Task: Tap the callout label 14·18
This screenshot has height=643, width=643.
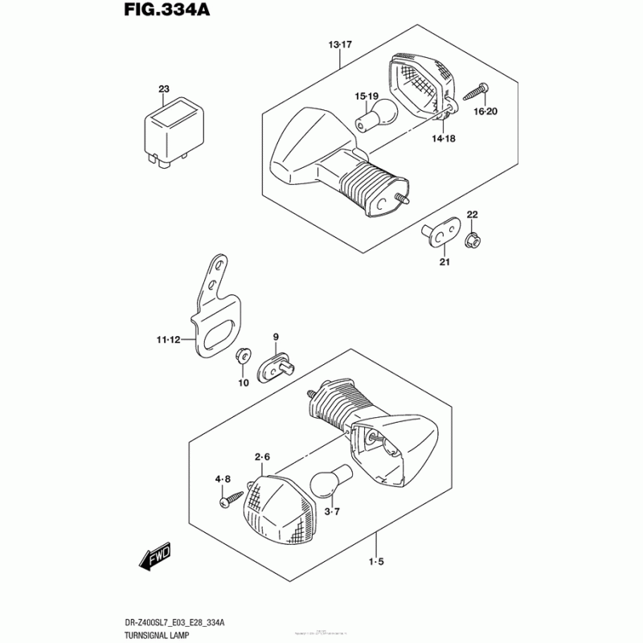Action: click(443, 138)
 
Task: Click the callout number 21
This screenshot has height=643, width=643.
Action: click(444, 261)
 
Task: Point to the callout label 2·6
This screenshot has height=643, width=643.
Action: click(263, 458)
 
